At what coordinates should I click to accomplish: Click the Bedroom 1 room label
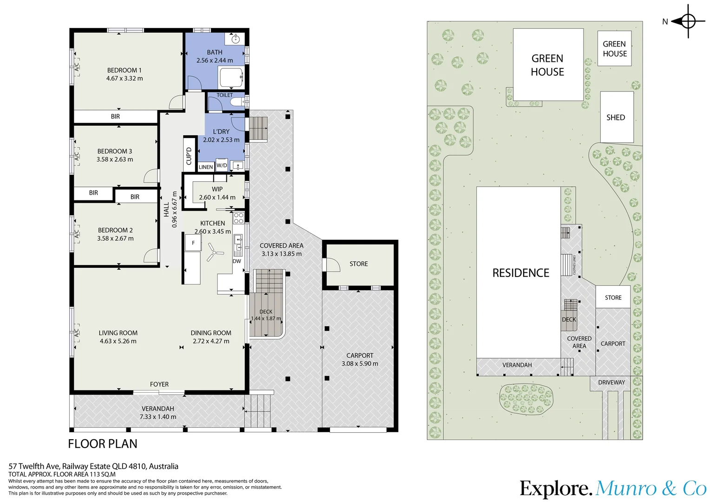tap(124, 70)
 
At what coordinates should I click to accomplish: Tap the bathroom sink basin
tap(235, 39)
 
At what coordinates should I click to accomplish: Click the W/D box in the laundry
tap(222, 165)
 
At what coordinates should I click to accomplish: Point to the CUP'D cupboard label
tap(189, 156)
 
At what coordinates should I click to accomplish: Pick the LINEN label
tap(206, 167)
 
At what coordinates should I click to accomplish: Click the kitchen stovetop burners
tap(239, 218)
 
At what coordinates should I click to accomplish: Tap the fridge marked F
tap(193, 243)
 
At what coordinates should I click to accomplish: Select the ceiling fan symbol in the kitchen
tap(214, 252)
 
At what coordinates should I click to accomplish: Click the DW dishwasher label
tap(237, 261)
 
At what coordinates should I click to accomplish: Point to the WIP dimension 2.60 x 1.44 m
tap(217, 197)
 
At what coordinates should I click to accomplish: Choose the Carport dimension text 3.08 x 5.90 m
tap(360, 363)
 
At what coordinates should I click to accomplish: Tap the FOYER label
tap(159, 384)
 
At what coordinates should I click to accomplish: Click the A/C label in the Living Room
tap(76, 333)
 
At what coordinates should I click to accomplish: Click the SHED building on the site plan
tap(617, 117)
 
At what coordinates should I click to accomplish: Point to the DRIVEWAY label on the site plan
tap(611, 383)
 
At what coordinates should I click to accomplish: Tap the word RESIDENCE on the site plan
tap(521, 273)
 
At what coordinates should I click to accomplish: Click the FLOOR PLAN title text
tap(103, 443)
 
